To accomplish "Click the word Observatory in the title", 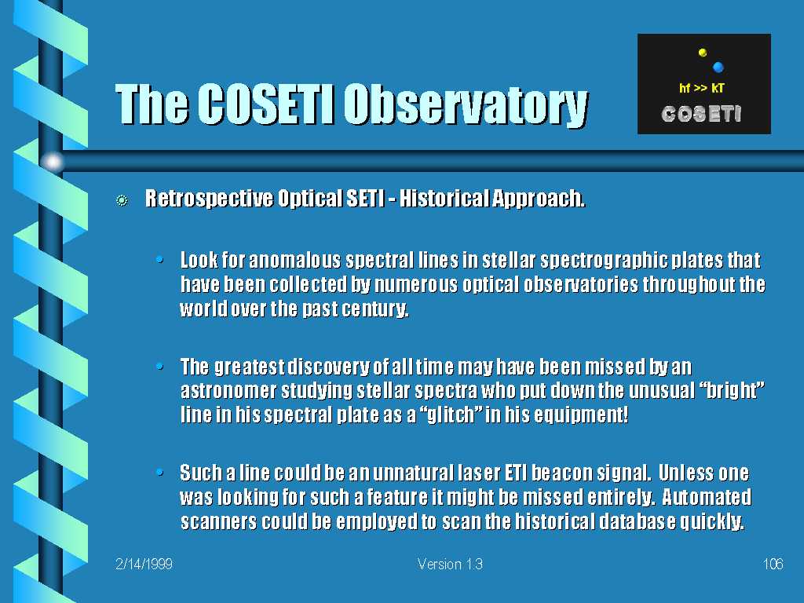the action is [465, 104].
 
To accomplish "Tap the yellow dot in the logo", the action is [703, 52].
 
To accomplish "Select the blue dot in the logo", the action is [718, 67].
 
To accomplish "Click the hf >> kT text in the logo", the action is [701, 88].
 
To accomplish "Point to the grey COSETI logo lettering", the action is [701, 114].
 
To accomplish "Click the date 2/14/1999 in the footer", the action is [144, 564].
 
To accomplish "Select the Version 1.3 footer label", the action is [450, 564].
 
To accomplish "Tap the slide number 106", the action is [773, 564].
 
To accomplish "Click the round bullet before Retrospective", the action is [122, 200].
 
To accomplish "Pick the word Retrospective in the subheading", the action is [209, 199].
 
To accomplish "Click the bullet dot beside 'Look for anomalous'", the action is [160, 260].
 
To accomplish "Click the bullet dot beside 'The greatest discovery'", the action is [160, 366].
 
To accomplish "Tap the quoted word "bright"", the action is [733, 391].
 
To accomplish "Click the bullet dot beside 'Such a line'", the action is [160, 472].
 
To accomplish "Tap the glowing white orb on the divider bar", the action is [53, 162].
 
